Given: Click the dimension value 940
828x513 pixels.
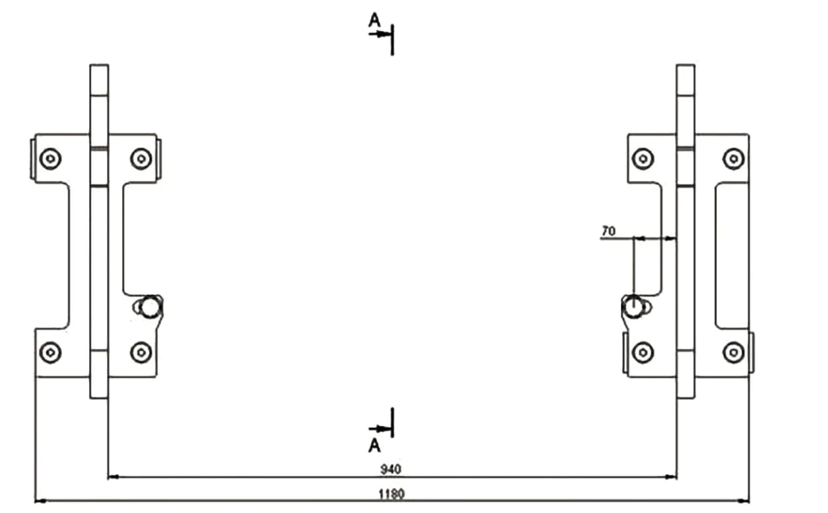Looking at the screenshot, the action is [391, 470].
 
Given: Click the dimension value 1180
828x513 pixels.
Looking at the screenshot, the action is [392, 494].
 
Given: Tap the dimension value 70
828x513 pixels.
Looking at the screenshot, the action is [608, 231].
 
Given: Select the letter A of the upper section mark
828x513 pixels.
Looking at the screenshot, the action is [374, 20].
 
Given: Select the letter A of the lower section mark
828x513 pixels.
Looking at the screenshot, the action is [374, 446].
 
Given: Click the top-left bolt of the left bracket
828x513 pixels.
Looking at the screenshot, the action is [50, 159].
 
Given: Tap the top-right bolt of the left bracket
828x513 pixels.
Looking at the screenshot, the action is [141, 159].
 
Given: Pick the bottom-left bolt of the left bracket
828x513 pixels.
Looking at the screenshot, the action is [50, 352].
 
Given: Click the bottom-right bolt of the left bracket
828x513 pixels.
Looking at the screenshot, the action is [141, 352].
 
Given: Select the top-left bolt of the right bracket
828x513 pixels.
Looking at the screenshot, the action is [643, 159].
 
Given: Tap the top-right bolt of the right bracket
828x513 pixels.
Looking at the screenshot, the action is [734, 159].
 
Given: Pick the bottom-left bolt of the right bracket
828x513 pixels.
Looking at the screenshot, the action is [643, 352].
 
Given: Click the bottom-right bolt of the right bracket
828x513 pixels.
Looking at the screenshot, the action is [734, 352].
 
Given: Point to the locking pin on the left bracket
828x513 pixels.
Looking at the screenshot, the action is [150, 306].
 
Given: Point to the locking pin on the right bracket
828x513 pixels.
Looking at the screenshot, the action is [633, 306].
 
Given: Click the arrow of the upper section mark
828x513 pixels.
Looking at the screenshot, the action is [380, 34].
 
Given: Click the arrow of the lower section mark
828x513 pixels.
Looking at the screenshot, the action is [380, 429].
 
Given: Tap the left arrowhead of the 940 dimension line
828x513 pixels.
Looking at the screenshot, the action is [113, 477].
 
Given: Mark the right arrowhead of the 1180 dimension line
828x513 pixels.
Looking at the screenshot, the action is [744, 501].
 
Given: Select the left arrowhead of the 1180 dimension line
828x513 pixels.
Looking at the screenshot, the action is [41, 501].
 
